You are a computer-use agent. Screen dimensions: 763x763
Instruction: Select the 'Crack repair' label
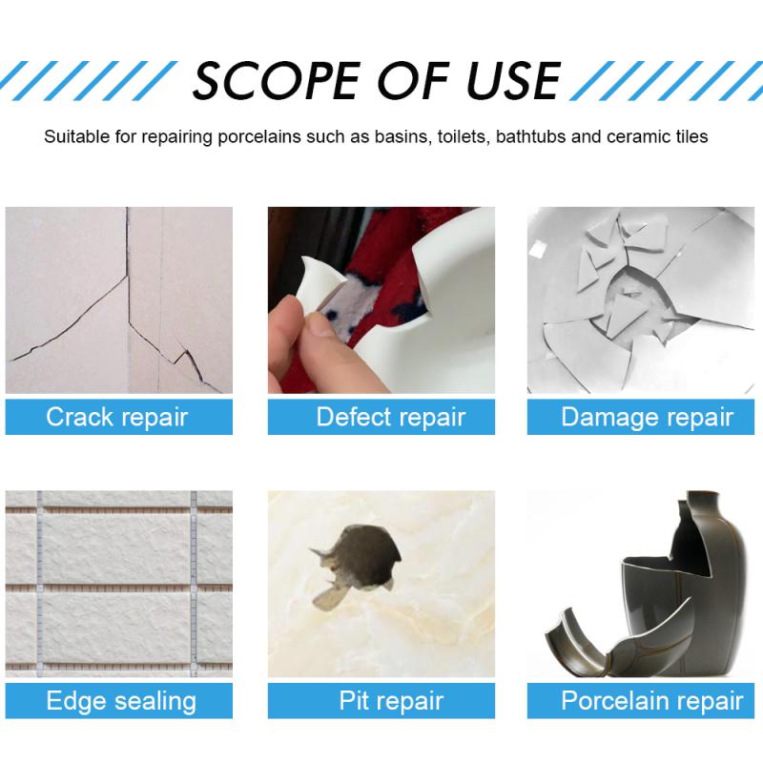point(117,417)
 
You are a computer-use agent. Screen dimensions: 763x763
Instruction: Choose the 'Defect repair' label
point(390,417)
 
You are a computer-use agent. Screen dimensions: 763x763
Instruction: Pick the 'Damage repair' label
point(647,417)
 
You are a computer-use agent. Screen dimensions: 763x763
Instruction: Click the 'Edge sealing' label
point(120,701)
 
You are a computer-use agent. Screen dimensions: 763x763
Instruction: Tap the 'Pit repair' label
point(391,701)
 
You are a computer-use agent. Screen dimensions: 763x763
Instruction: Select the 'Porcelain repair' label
point(651,701)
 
